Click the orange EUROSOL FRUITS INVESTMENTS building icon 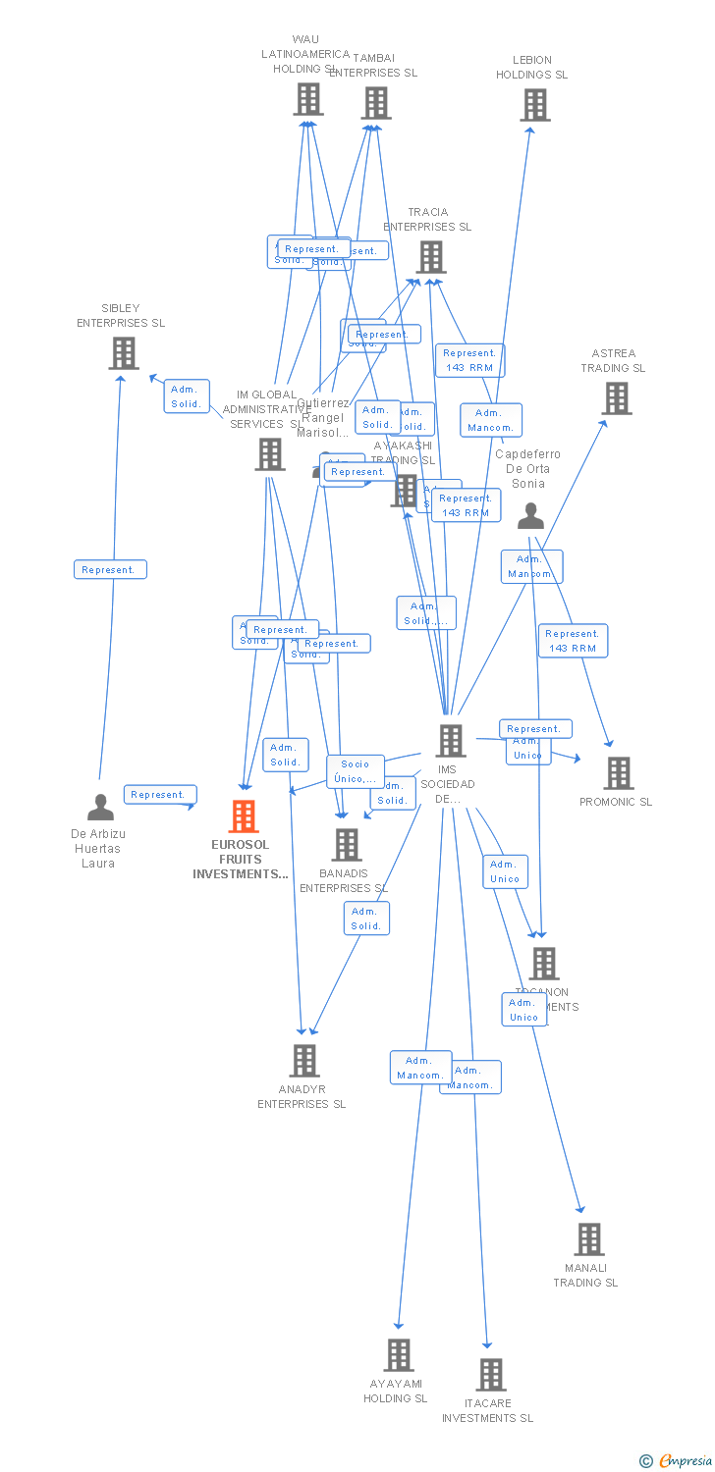click(x=243, y=816)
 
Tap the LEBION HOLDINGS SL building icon click(x=534, y=105)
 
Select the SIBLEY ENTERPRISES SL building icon click(x=124, y=353)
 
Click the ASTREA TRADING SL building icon click(x=616, y=398)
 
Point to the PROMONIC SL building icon click(x=618, y=773)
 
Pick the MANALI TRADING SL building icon click(x=588, y=1239)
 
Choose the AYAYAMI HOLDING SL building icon click(x=398, y=1355)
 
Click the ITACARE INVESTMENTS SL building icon click(x=491, y=1375)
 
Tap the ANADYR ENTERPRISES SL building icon click(x=304, y=1061)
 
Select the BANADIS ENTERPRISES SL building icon click(x=346, y=844)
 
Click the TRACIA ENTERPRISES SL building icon click(x=430, y=257)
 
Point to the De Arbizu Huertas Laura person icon click(x=100, y=808)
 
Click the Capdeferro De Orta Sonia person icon click(x=530, y=515)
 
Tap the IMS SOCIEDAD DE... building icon click(x=450, y=741)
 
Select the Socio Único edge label click(x=356, y=771)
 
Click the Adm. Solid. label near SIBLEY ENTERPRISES click(x=186, y=396)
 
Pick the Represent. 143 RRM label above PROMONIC click(x=573, y=641)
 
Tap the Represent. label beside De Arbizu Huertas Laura click(x=159, y=795)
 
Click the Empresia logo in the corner click(x=677, y=1460)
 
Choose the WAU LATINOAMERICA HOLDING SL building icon click(x=307, y=99)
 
